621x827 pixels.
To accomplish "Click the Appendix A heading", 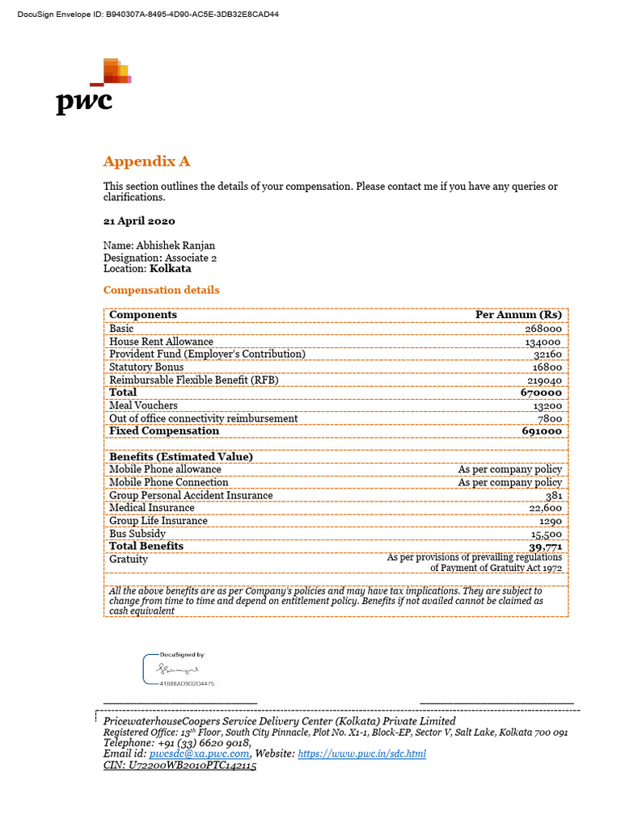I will (146, 162).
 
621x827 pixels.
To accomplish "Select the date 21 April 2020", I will (139, 220).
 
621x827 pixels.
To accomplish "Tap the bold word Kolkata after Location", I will (171, 269).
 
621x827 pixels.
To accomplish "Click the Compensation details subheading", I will (161, 290).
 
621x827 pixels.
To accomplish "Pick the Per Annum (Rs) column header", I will (518, 315).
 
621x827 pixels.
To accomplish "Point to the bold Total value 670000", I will (541, 393).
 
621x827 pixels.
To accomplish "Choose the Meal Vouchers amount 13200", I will (546, 405).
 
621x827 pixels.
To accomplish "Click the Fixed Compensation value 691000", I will (541, 431).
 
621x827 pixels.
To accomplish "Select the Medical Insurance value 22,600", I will (546, 508).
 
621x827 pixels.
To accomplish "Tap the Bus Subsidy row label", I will (137, 534).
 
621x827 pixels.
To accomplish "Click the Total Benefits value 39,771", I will (545, 547).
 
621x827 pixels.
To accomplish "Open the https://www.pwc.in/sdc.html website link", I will (361, 754).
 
